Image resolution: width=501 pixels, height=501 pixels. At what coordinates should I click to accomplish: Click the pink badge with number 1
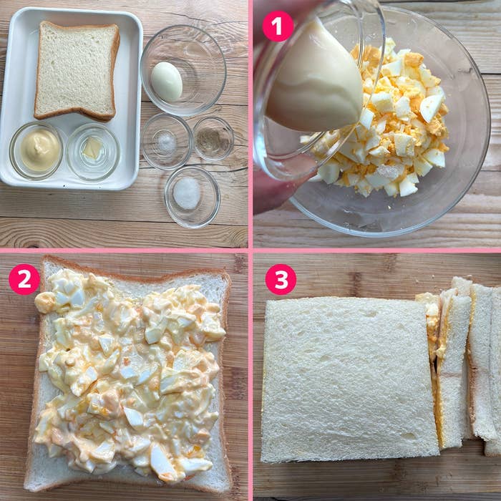pyautogui.click(x=278, y=26)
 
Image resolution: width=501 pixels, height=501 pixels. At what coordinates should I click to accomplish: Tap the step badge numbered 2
pyautogui.click(x=24, y=279)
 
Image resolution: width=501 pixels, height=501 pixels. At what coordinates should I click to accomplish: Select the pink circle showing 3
pyautogui.click(x=281, y=279)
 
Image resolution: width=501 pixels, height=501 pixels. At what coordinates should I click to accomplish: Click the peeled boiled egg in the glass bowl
pyautogui.click(x=167, y=82)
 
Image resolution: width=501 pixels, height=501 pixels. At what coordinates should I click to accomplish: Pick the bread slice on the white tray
pyautogui.click(x=77, y=70)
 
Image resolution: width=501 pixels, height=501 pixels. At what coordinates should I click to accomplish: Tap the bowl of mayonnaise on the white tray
pyautogui.click(x=36, y=151)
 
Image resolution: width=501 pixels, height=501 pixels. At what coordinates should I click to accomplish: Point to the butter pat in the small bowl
pyautogui.click(x=92, y=148)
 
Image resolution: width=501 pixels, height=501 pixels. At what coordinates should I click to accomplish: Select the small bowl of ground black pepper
pyautogui.click(x=213, y=138)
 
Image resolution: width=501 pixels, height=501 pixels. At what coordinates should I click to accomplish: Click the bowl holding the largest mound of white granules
pyautogui.click(x=192, y=197)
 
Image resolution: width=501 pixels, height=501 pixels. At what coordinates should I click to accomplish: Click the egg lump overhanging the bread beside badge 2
pyautogui.click(x=44, y=303)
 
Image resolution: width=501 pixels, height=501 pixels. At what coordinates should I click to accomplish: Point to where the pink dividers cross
pyautogui.click(x=250, y=250)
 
